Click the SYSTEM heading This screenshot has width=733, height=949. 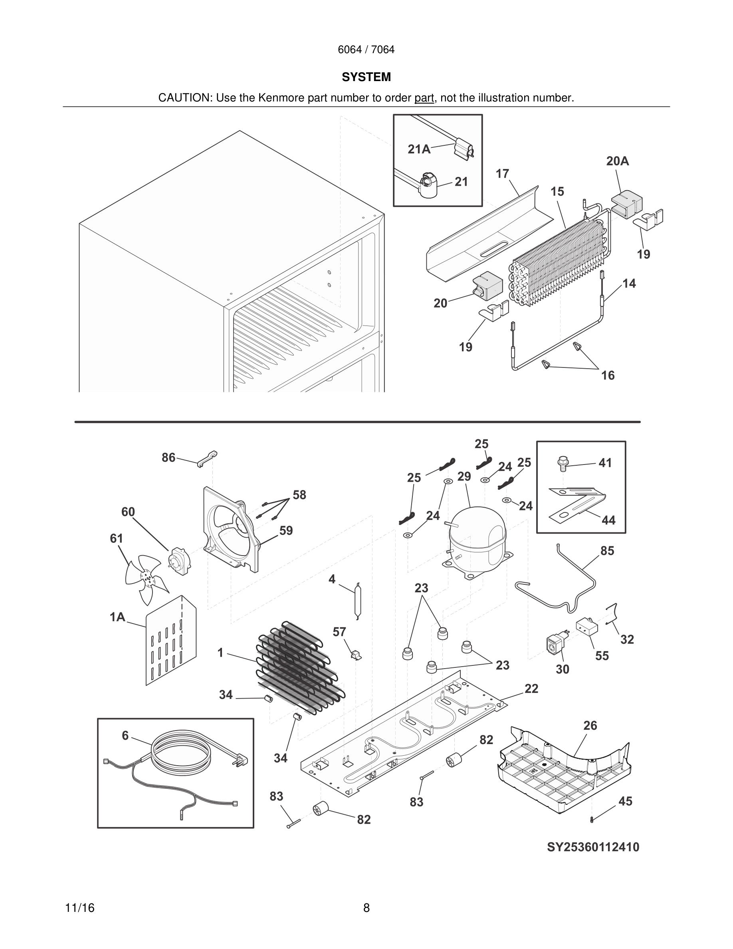(x=366, y=77)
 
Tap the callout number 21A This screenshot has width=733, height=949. (x=419, y=149)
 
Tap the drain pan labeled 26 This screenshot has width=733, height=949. (x=565, y=778)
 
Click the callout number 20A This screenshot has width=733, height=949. (x=618, y=161)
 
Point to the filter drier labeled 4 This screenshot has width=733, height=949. (x=358, y=601)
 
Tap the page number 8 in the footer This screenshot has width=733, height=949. (x=366, y=908)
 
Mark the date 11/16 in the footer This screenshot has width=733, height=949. (x=79, y=908)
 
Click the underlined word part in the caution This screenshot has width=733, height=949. (x=424, y=98)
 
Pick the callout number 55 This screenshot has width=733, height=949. (x=602, y=656)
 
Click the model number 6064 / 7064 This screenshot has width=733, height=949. (x=366, y=50)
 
